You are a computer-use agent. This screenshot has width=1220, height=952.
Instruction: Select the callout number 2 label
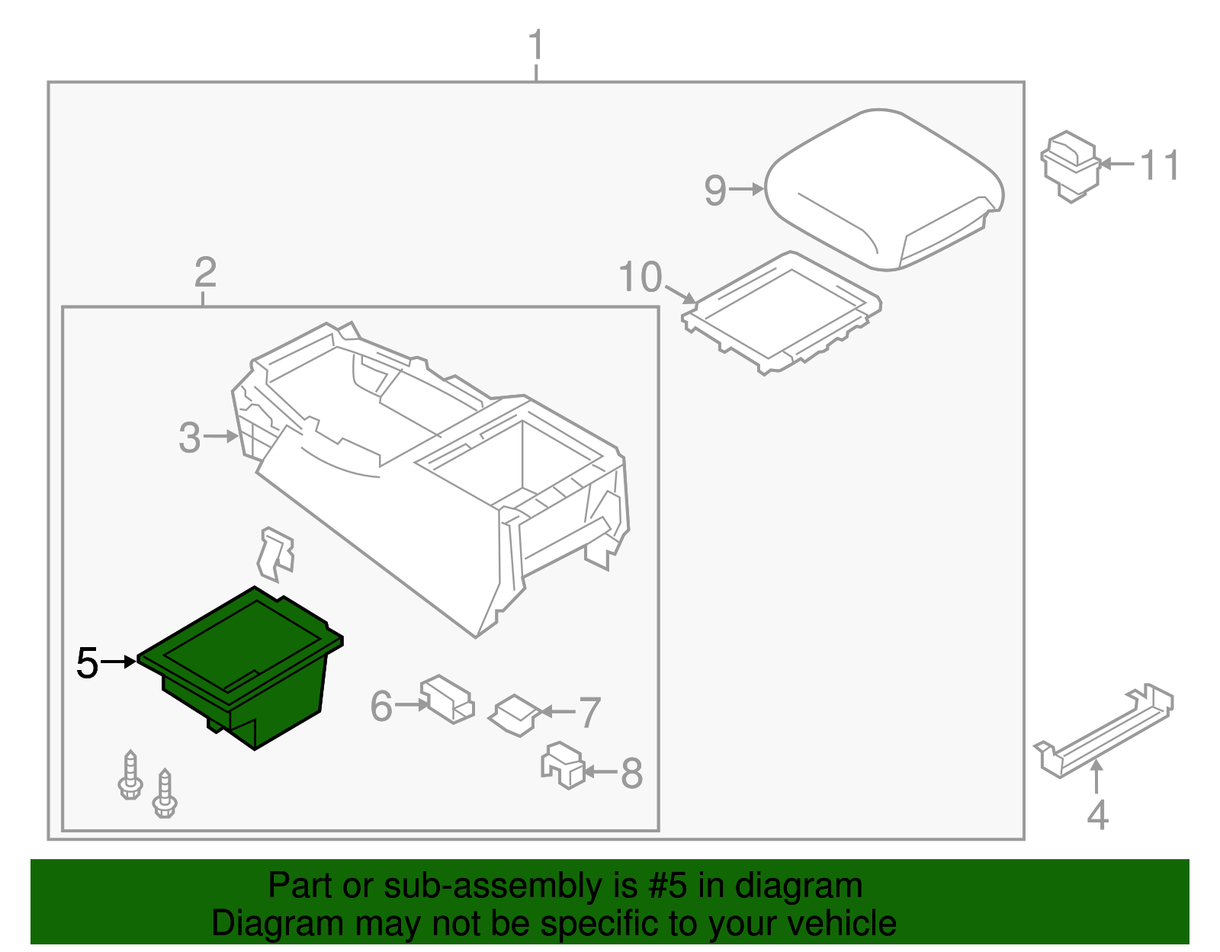click(x=205, y=272)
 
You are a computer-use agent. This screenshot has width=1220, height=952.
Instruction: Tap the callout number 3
click(x=189, y=438)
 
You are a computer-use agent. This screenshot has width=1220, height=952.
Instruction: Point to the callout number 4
click(x=1096, y=815)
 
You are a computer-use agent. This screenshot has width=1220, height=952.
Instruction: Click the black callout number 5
click(x=88, y=663)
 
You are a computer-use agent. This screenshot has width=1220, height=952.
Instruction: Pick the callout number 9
click(x=714, y=190)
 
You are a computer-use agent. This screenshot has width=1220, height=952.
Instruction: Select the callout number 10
click(x=640, y=277)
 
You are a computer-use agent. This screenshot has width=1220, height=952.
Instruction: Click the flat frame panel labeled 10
click(x=782, y=313)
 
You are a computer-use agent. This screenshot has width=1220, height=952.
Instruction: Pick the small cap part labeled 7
click(x=515, y=714)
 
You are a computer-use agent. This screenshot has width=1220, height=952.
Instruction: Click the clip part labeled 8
click(x=563, y=764)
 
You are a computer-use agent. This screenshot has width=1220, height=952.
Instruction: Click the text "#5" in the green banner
click(x=667, y=886)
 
